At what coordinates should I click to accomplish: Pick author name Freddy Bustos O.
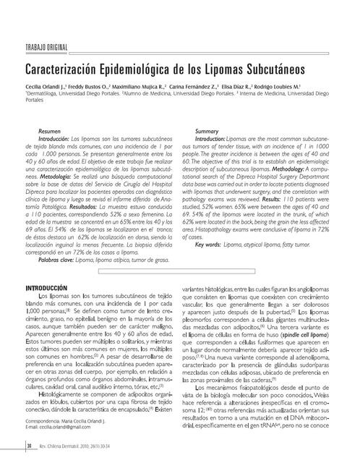click(x=102, y=86)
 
